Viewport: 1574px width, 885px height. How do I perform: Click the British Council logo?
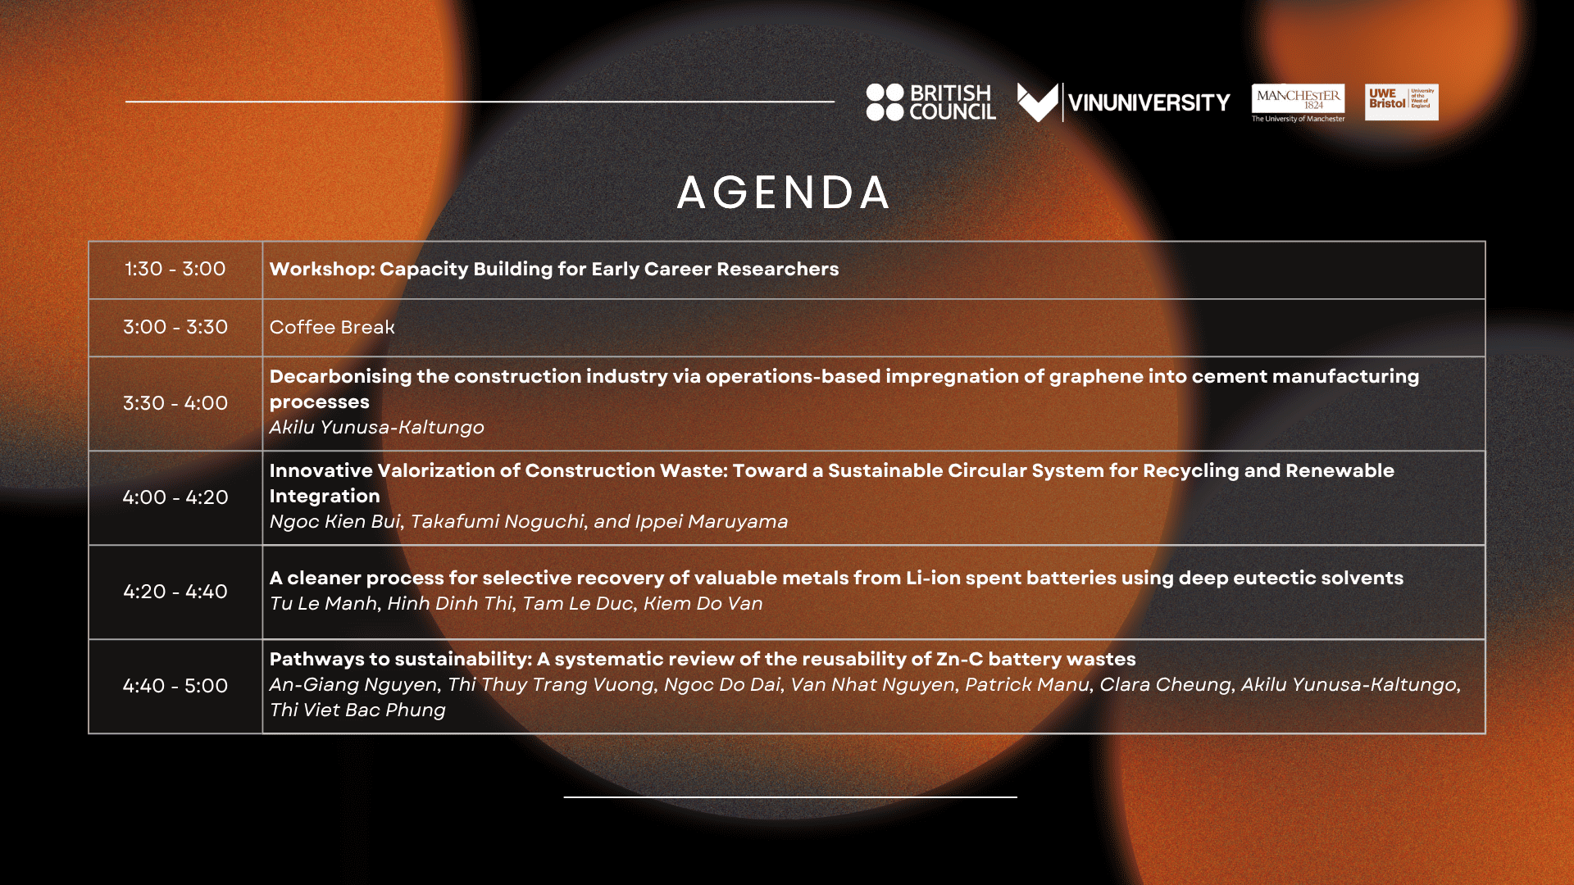930,102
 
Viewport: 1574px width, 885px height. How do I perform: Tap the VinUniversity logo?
1123,102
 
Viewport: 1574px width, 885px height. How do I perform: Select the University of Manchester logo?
1298,103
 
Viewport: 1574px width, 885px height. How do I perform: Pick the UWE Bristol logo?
1401,102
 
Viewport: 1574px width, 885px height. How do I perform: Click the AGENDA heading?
784,193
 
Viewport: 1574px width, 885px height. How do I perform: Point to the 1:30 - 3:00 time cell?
175,270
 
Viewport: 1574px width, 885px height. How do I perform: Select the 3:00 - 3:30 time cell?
175,328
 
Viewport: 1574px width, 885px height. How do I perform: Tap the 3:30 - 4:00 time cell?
175,403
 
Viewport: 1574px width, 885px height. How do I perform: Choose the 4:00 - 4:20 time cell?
175,497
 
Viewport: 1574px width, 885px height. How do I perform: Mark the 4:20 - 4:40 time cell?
175,592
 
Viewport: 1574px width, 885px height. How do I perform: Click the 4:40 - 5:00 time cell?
175,686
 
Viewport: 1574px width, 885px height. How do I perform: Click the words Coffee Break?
332,327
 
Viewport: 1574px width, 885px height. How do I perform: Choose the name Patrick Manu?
1027,684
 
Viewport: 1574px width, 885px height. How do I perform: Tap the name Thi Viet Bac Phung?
357,710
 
